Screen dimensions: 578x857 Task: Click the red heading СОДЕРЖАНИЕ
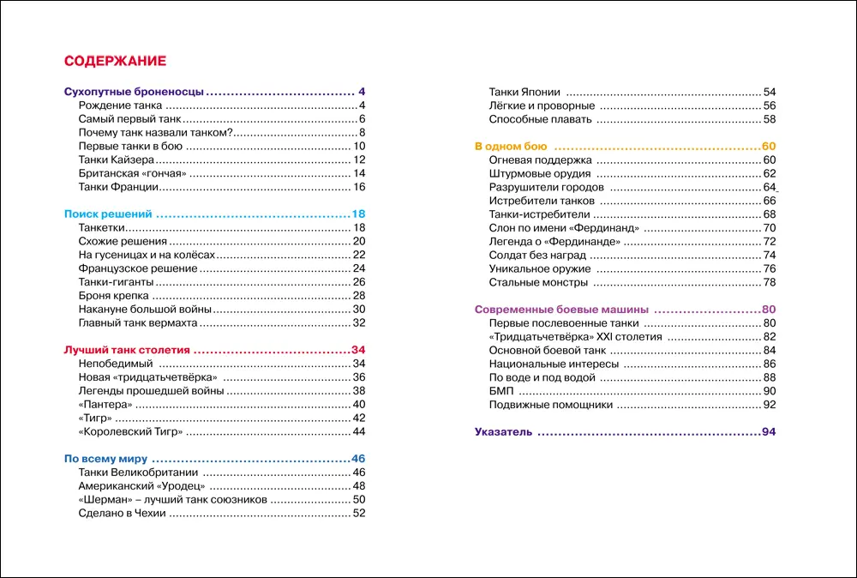click(115, 62)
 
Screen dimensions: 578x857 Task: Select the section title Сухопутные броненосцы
click(135, 92)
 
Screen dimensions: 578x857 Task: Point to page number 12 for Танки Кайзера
click(359, 160)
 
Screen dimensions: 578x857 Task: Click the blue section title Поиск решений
click(108, 214)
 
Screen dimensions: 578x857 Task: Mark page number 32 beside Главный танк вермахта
click(359, 323)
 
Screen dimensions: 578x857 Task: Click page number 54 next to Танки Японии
click(769, 92)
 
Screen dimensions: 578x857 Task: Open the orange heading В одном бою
click(511, 146)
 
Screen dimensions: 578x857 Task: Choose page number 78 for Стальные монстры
click(769, 282)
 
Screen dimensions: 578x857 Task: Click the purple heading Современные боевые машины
click(561, 310)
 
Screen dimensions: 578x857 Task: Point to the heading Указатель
click(504, 431)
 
